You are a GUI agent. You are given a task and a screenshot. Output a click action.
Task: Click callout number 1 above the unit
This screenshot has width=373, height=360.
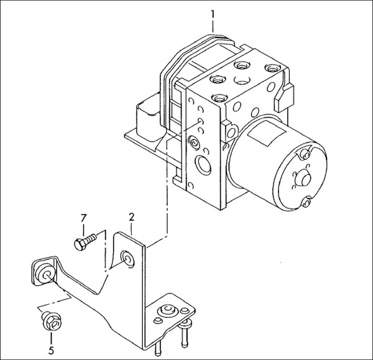tap(213, 12)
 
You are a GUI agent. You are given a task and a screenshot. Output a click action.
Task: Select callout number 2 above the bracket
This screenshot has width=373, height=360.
tap(131, 217)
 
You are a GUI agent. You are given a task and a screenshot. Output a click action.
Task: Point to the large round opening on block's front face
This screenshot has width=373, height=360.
tap(203, 166)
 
